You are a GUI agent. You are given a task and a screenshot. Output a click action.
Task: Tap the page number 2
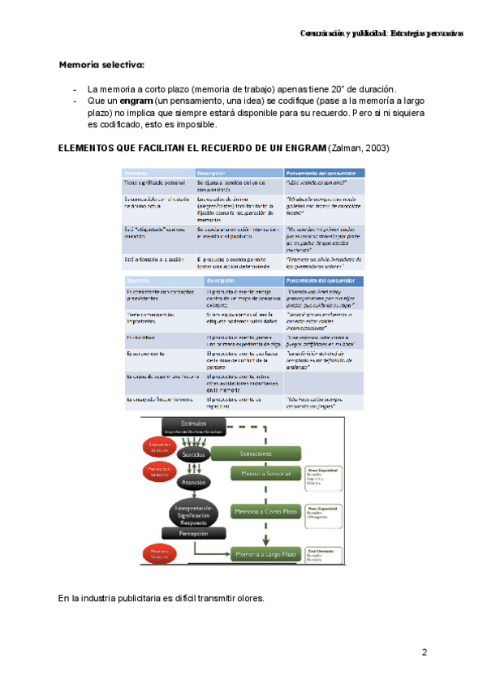pos(425,652)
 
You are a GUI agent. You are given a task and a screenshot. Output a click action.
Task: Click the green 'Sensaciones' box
pos(261,454)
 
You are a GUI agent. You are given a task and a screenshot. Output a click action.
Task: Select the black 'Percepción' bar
pos(189,534)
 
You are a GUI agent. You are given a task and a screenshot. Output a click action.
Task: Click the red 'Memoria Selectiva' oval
pos(159,555)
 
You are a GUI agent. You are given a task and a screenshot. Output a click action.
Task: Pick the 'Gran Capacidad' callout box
pos(323,473)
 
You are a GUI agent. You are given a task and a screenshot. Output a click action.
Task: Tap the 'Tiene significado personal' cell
pos(155,184)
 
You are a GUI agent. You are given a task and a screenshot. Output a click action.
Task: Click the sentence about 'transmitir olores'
pos(161,599)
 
